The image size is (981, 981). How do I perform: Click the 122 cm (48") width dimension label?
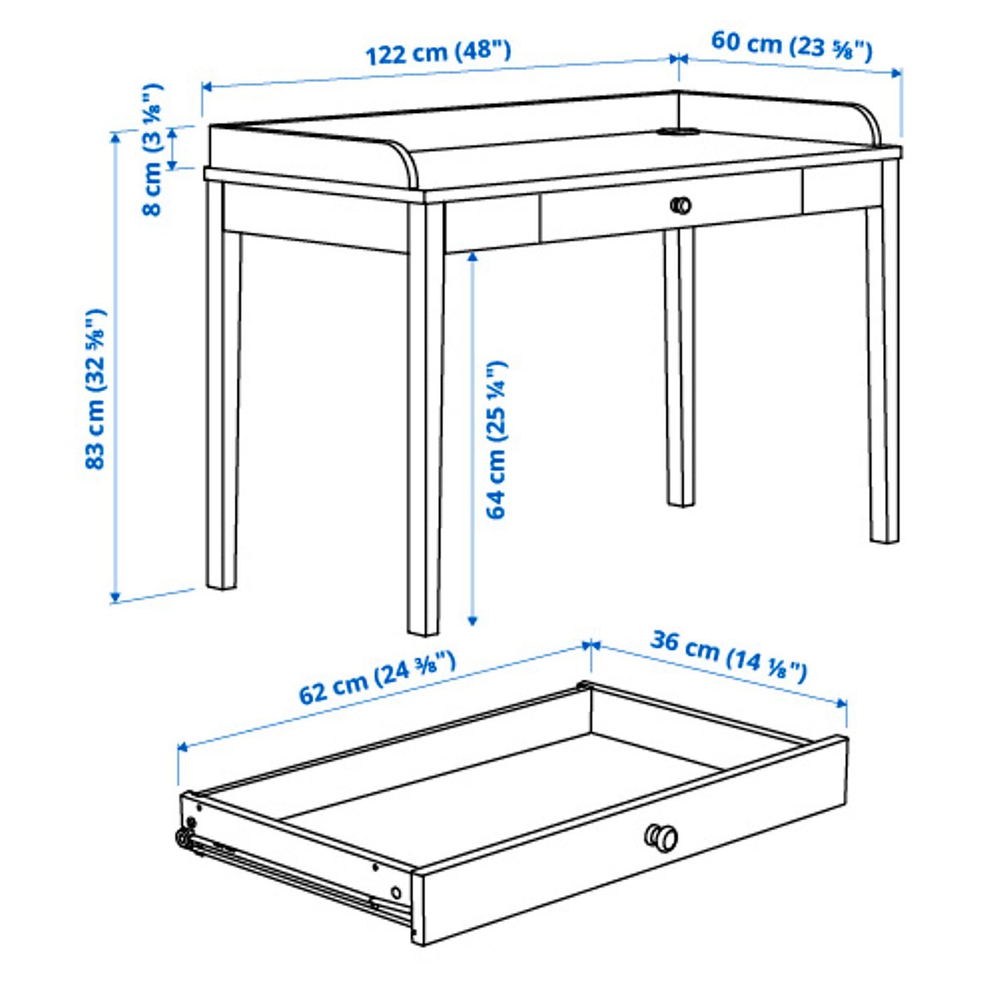click(439, 53)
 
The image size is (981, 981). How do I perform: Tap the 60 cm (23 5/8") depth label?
click(792, 46)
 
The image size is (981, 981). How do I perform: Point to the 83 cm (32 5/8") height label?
click(95, 389)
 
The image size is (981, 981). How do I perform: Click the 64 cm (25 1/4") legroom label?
click(496, 440)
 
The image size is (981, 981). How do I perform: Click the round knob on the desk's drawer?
click(680, 205)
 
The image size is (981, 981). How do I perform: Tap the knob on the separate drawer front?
click(660, 837)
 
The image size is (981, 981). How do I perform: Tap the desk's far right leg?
click(882, 364)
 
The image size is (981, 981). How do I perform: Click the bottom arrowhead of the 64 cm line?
click(473, 620)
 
